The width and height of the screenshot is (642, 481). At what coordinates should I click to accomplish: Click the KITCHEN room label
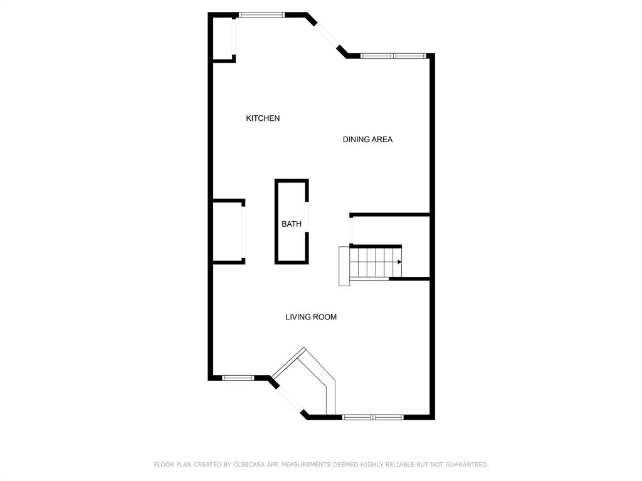click(263, 118)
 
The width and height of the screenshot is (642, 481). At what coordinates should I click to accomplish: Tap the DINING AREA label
click(367, 139)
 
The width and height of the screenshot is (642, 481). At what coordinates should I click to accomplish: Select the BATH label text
click(291, 224)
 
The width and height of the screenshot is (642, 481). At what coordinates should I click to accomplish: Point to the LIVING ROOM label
click(311, 317)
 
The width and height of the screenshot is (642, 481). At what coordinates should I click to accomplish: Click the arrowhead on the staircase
click(399, 262)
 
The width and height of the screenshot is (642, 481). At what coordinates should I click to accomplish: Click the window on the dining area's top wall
click(393, 56)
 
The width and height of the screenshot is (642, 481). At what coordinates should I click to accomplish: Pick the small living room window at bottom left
click(238, 378)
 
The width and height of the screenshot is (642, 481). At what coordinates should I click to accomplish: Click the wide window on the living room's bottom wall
click(372, 416)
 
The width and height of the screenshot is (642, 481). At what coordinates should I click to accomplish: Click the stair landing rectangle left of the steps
click(344, 266)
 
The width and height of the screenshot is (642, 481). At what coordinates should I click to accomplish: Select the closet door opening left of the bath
click(243, 232)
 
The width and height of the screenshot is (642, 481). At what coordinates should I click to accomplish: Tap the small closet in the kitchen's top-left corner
click(223, 38)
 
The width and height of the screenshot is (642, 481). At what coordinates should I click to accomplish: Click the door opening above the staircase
click(351, 230)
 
